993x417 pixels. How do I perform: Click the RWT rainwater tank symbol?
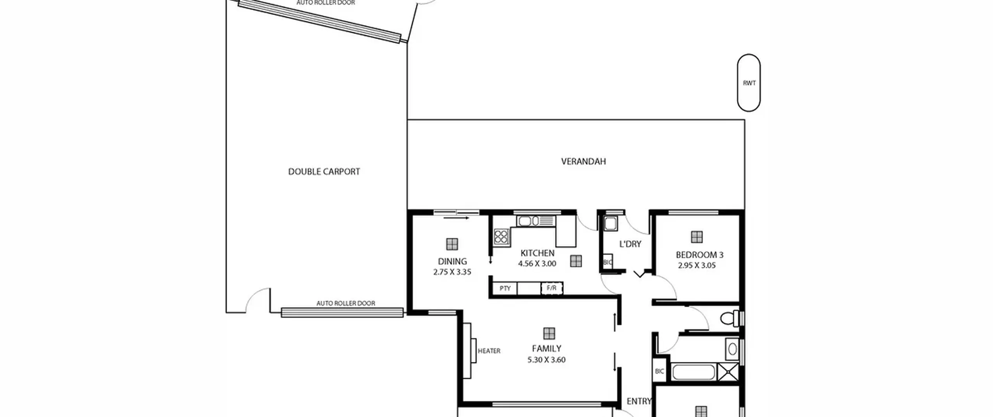point(749,83)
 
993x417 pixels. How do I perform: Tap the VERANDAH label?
point(583,161)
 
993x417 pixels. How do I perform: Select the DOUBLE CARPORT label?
point(324,171)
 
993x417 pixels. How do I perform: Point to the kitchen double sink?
point(536,221)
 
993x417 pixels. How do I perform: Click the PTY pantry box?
point(505,288)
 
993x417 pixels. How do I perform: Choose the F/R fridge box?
point(552,288)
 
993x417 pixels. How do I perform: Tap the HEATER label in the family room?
point(489,351)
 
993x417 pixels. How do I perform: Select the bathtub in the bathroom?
point(693,372)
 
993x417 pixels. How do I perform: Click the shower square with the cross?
point(728,372)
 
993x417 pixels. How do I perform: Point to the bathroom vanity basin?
point(732,349)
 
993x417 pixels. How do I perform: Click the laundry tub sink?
point(610,223)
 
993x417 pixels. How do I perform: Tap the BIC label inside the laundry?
point(607,262)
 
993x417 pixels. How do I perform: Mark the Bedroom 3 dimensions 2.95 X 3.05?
point(697,266)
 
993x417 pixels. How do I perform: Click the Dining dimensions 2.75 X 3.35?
point(452,272)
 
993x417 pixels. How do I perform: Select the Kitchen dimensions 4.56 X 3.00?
point(537,264)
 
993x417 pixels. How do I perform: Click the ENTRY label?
point(639,401)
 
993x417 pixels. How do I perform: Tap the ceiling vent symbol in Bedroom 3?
point(697,237)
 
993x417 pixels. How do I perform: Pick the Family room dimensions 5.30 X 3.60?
point(546,360)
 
